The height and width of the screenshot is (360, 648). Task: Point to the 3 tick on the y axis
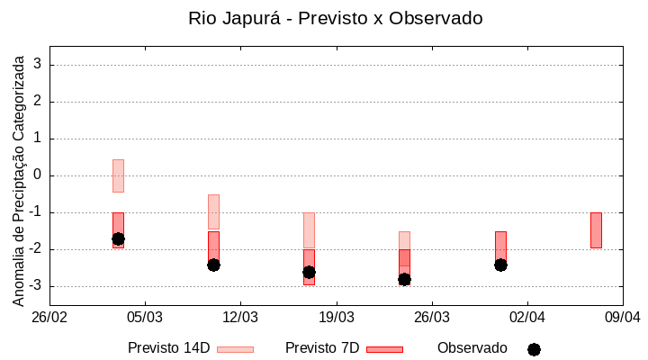(x=38, y=65)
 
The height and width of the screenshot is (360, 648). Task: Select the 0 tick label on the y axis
(x=38, y=175)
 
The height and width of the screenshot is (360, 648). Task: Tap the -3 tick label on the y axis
(x=34, y=286)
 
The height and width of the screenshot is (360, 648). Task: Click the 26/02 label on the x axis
(x=49, y=318)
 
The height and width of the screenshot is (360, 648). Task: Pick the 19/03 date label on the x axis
(x=336, y=318)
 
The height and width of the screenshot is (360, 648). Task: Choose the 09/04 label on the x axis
(x=622, y=318)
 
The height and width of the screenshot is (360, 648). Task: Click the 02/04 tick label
(x=526, y=318)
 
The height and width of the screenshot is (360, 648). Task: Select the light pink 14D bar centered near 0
(x=118, y=175)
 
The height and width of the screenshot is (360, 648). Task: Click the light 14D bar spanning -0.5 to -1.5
(x=213, y=211)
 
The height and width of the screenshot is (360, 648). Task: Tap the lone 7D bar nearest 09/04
(x=596, y=230)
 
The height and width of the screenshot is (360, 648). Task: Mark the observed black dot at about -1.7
(x=118, y=238)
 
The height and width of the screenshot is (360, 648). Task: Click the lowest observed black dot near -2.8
(x=404, y=279)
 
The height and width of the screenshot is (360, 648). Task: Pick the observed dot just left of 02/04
(x=500, y=265)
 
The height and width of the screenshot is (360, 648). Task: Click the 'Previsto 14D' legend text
(x=169, y=348)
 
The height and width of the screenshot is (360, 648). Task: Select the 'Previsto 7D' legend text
(x=322, y=348)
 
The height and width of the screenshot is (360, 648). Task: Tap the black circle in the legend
(x=534, y=349)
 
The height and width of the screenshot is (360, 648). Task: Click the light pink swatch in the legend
(x=235, y=349)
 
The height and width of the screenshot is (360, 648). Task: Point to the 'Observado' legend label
(x=472, y=348)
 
